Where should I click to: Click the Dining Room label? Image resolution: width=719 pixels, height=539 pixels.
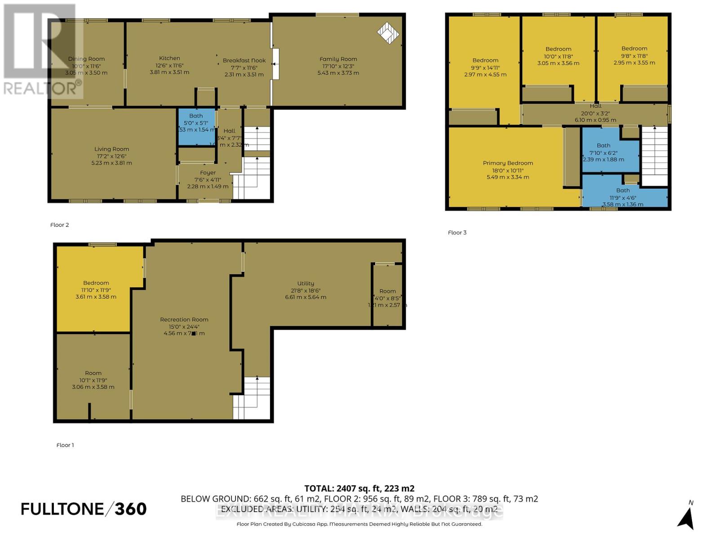pyautogui.click(x=86, y=59)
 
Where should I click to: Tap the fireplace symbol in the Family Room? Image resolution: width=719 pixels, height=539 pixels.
pyautogui.click(x=388, y=32)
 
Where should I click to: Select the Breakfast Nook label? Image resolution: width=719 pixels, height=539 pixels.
pyautogui.click(x=244, y=60)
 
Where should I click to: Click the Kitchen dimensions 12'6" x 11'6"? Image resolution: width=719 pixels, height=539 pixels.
pyautogui.click(x=169, y=65)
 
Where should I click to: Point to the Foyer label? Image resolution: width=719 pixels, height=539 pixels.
pyautogui.click(x=208, y=172)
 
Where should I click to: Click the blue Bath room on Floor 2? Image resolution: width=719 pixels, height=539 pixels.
pyautogui.click(x=196, y=127)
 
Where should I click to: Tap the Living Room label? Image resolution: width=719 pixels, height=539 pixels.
pyautogui.click(x=111, y=149)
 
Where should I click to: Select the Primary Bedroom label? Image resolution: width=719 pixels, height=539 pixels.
pyautogui.click(x=508, y=163)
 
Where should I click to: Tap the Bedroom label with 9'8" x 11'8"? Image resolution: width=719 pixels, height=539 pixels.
pyautogui.click(x=634, y=49)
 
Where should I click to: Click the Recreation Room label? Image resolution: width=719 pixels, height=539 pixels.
pyautogui.click(x=184, y=319)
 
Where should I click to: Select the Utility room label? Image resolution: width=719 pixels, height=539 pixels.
pyautogui.click(x=306, y=283)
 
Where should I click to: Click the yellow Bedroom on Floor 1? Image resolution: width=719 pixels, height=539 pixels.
pyautogui.click(x=96, y=290)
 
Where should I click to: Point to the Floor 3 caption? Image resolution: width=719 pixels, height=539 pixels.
pyautogui.click(x=457, y=232)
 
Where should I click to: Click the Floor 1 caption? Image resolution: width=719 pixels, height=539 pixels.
pyautogui.click(x=65, y=445)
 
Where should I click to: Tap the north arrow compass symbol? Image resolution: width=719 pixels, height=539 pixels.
pyautogui.click(x=686, y=517)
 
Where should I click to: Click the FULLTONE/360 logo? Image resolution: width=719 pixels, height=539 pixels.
pyautogui.click(x=84, y=509)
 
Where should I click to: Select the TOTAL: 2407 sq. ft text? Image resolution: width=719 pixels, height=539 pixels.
pyautogui.click(x=359, y=488)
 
